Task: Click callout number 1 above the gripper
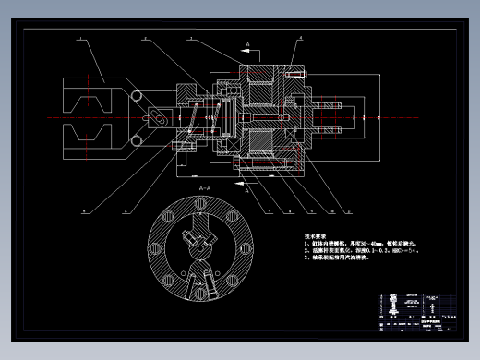click(x=79, y=39)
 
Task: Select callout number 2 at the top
click(x=145, y=39)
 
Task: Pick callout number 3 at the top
click(x=190, y=39)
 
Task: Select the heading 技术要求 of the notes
click(x=317, y=237)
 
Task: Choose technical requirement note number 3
click(x=337, y=259)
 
